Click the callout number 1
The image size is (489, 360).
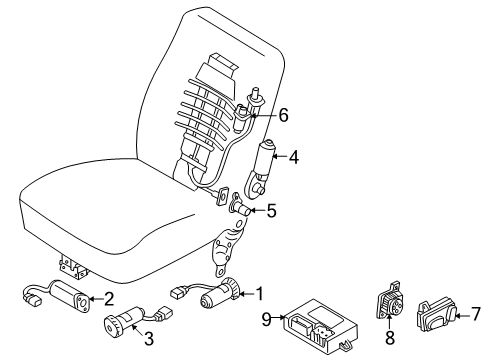click(x=259, y=294)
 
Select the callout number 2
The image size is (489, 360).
click(x=109, y=299)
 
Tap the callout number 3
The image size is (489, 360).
click(x=149, y=339)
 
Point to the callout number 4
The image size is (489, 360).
click(x=294, y=157)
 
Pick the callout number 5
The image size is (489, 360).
click(x=272, y=211)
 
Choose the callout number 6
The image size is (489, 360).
click(x=283, y=115)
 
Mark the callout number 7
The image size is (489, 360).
click(x=475, y=314)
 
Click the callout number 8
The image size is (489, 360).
click(x=390, y=337)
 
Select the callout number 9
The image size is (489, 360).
click(x=267, y=319)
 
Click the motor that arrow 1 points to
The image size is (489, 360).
click(x=220, y=292)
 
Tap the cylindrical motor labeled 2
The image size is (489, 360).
click(x=69, y=296)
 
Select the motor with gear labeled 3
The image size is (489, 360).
click(x=123, y=321)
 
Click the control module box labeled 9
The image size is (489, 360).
click(x=320, y=324)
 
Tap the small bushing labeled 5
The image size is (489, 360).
click(x=240, y=207)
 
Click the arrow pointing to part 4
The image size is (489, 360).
click(x=280, y=156)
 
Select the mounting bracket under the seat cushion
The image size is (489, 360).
click(x=74, y=267)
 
